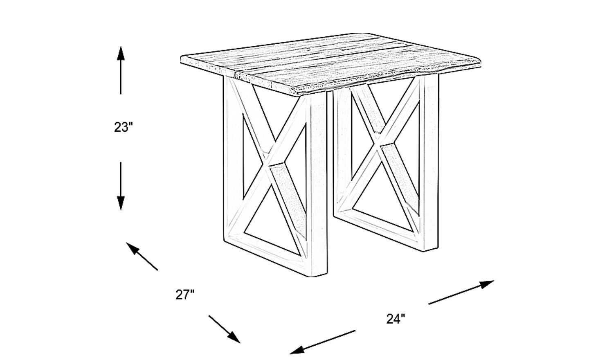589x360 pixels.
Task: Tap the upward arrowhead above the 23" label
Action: [x=121, y=53]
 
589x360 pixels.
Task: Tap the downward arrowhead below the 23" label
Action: [x=121, y=203]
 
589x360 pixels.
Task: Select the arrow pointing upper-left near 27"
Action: [x=142, y=256]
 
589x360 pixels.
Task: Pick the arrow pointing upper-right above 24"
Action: [x=461, y=292]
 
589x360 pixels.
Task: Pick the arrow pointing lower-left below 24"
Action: [x=322, y=342]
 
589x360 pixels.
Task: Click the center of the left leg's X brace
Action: [x=269, y=163]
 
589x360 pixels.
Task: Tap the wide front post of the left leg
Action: [x=319, y=184]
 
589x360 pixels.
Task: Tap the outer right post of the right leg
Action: [x=431, y=163]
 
